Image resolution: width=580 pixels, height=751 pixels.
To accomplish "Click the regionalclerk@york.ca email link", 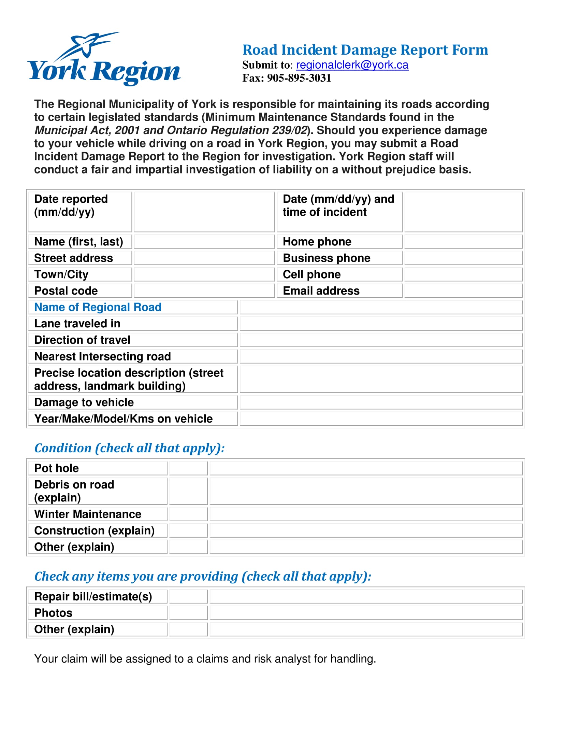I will click(352, 65).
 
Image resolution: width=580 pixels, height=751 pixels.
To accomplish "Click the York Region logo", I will click(103, 59).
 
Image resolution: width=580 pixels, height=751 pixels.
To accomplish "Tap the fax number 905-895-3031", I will click(299, 78).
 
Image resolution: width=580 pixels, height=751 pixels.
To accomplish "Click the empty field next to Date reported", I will click(204, 212).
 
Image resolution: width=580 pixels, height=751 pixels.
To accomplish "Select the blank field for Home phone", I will click(463, 241).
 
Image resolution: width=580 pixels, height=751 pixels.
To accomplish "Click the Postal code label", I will click(66, 291).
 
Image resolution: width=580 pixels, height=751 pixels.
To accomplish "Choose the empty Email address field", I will click(463, 291).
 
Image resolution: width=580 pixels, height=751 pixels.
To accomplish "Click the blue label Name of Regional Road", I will click(98, 307).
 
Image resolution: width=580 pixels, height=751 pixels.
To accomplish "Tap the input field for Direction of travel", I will click(381, 340).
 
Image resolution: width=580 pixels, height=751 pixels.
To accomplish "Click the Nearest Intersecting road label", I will click(102, 356).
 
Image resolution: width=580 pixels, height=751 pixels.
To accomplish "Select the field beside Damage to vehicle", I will click(381, 402).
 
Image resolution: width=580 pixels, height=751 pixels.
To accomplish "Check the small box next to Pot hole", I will click(188, 468).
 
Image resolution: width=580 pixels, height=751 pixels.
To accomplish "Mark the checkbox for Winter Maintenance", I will click(188, 514).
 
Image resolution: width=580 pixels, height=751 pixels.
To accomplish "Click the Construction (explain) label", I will click(95, 530).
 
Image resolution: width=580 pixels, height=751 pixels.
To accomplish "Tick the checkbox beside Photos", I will click(188, 612).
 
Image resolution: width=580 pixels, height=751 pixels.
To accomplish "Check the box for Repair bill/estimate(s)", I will click(188, 596).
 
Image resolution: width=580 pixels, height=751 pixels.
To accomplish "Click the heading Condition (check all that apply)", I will click(130, 448).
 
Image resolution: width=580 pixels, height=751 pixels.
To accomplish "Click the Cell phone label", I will click(311, 274).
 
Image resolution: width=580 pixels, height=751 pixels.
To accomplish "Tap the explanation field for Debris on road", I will click(366, 491).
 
